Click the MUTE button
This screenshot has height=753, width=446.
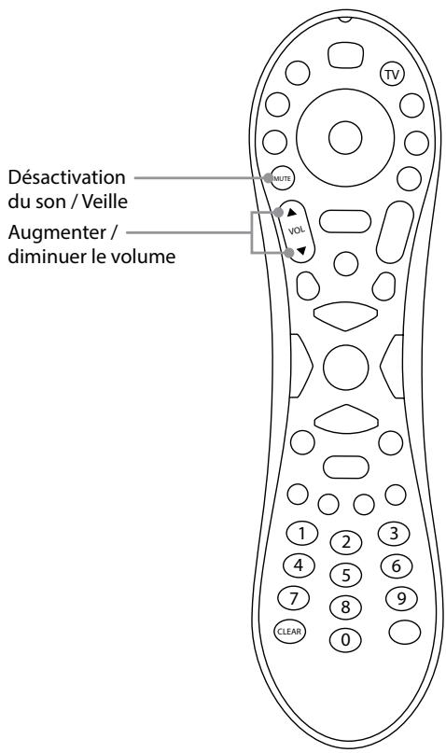282,178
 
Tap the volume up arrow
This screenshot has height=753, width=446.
292,212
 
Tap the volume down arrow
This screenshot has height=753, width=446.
301,250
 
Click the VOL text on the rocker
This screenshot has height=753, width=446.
297,230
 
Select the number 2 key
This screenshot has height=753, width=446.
345,542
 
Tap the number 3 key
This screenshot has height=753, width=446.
394,534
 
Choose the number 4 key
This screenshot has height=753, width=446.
299,565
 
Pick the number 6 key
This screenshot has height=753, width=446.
397,566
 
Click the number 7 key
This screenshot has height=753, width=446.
294,598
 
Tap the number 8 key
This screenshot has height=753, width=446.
345,607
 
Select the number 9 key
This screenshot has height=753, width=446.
401,598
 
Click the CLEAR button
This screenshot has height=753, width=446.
289,631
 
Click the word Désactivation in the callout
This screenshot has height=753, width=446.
67,177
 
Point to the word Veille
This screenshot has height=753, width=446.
105,202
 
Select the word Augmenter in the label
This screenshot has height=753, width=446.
57,233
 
